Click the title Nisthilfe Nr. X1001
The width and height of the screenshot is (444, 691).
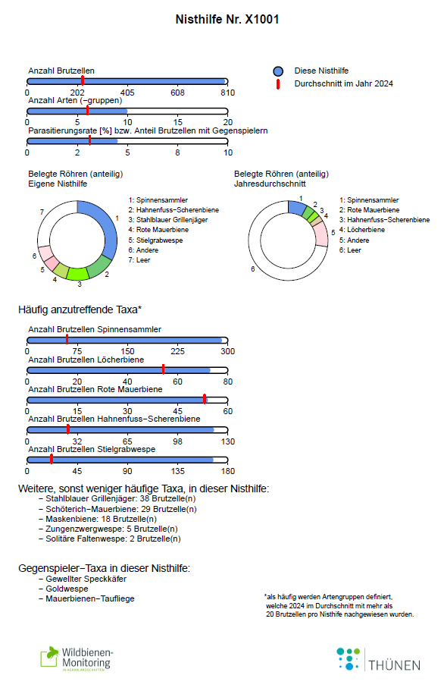click(x=227, y=20)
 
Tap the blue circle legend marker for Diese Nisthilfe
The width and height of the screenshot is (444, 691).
click(x=278, y=71)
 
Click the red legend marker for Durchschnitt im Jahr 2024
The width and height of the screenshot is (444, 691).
click(x=278, y=84)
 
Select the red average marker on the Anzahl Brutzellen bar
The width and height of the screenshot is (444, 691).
click(x=83, y=80)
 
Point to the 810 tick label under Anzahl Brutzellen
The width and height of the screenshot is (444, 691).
click(x=227, y=93)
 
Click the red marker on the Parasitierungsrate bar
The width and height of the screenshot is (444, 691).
click(x=89, y=140)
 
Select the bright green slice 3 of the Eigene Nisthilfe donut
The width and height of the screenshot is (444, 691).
click(x=78, y=274)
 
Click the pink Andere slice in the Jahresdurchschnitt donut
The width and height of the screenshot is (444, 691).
click(x=322, y=234)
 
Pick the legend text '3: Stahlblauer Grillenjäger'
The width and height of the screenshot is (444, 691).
click(x=168, y=220)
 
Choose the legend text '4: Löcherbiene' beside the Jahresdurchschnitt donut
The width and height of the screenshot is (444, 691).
click(x=361, y=230)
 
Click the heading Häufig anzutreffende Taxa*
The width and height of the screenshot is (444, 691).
click(x=80, y=309)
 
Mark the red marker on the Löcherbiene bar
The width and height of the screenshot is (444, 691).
click(x=163, y=369)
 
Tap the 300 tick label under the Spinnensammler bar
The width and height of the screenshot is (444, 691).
click(x=227, y=352)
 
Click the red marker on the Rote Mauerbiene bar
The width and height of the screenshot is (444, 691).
click(x=205, y=399)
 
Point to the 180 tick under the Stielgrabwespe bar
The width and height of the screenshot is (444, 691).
click(x=227, y=472)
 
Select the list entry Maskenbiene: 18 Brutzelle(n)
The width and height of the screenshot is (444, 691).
click(x=102, y=519)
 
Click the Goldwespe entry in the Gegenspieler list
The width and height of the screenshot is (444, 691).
click(x=67, y=589)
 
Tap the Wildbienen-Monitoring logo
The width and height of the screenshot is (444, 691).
click(x=77, y=659)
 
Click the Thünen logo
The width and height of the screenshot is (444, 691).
click(x=378, y=659)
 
